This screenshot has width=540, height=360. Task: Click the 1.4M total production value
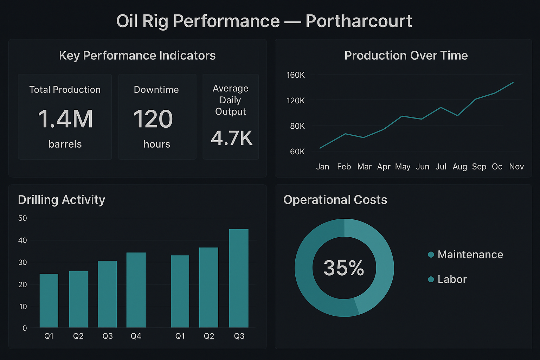pyautogui.click(x=65, y=119)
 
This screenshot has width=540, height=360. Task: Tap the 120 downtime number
pyautogui.click(x=153, y=119)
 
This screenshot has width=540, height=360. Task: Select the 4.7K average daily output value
pyautogui.click(x=231, y=138)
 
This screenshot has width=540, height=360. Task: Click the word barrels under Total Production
pyautogui.click(x=65, y=144)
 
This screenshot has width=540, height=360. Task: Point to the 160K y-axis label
pyautogui.click(x=295, y=75)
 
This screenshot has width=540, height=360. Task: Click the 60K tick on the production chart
pyautogui.click(x=297, y=152)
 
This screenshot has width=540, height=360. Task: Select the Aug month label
pyautogui.click(x=459, y=167)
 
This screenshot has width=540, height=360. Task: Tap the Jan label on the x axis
pyautogui.click(x=322, y=167)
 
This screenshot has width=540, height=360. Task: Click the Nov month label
pyautogui.click(x=516, y=167)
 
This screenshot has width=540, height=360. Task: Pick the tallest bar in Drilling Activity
pyautogui.click(x=239, y=278)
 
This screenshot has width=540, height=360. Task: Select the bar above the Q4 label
pyautogui.click(x=136, y=290)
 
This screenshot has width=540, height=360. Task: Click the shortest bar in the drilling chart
pyautogui.click(x=49, y=301)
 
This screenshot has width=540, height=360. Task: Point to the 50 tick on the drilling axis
pyautogui.click(x=22, y=218)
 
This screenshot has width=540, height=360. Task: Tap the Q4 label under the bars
pyautogui.click(x=136, y=336)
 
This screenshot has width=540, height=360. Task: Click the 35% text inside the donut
pyautogui.click(x=343, y=268)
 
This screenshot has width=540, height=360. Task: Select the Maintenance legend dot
pyautogui.click(x=431, y=255)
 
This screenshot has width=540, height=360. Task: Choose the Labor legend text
pyautogui.click(x=452, y=279)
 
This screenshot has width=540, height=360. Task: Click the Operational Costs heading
pyautogui.click(x=335, y=200)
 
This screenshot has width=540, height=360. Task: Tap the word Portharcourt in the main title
pyautogui.click(x=359, y=21)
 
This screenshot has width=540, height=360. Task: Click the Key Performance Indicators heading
pyautogui.click(x=137, y=56)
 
